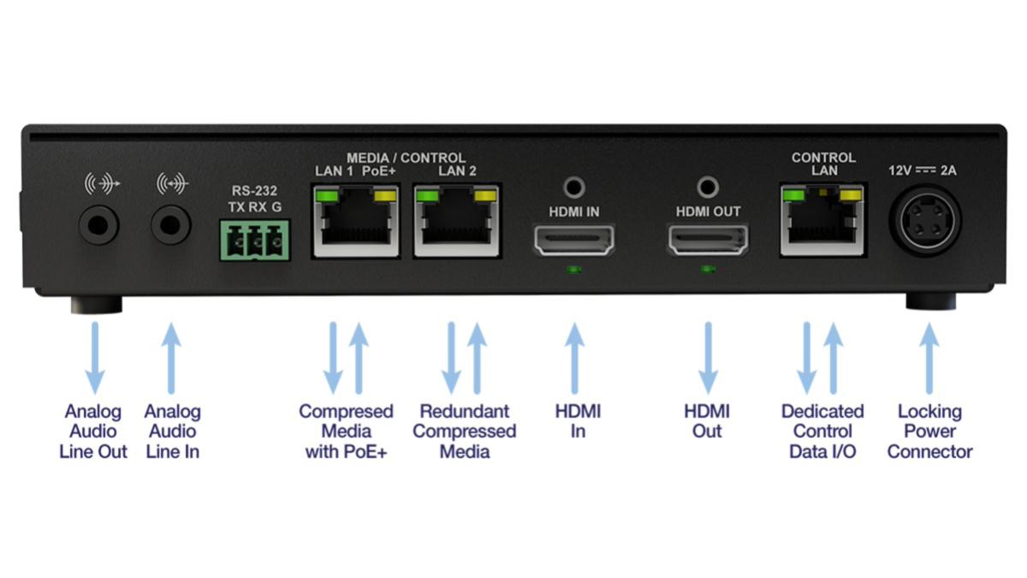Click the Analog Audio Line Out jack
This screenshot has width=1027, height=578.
pyautogui.click(x=98, y=225)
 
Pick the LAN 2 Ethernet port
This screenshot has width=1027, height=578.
pyautogui.click(x=457, y=225)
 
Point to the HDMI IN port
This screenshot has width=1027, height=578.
pyautogui.click(x=574, y=241)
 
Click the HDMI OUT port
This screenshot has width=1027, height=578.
pyautogui.click(x=708, y=241)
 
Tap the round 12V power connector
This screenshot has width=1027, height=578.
pyautogui.click(x=928, y=220)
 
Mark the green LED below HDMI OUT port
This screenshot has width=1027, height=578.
pyautogui.click(x=708, y=270)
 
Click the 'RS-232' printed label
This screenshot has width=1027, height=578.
pyautogui.click(x=254, y=191)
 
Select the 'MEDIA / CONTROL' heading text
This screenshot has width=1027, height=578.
pyautogui.click(x=406, y=158)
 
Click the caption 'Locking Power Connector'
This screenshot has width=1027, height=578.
pyautogui.click(x=929, y=432)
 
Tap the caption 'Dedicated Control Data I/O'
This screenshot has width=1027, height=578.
pyautogui.click(x=822, y=432)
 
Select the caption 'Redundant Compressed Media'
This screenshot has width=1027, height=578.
pyautogui.click(x=464, y=432)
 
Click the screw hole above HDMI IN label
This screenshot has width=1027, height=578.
pyautogui.click(x=574, y=185)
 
